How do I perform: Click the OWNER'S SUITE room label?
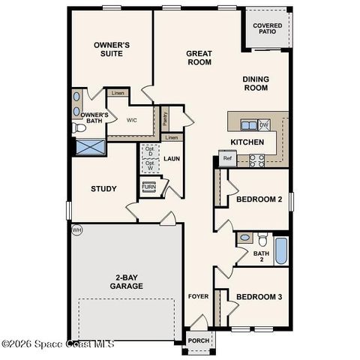[112, 50]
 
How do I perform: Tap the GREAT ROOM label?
[199, 58]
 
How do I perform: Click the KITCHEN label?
[247, 142]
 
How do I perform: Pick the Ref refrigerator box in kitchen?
[227, 157]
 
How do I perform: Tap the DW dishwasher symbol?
[264, 125]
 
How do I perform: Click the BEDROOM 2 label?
[259, 199]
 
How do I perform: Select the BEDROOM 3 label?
[259, 297]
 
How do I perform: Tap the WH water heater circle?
[76, 229]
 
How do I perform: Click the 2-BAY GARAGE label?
[126, 281]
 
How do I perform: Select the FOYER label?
[198, 296]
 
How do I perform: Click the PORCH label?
[199, 340]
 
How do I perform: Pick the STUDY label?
[103, 188]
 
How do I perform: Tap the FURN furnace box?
[149, 187]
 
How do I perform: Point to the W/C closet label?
[131, 120]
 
